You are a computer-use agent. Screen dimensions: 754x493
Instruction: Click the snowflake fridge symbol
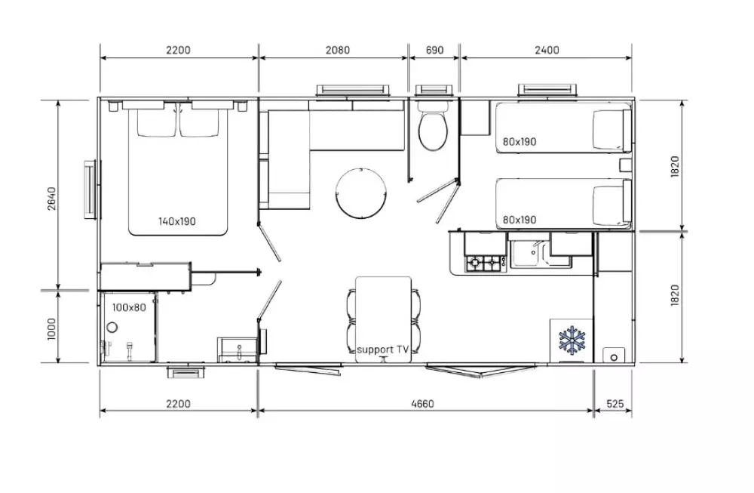(x=572, y=340)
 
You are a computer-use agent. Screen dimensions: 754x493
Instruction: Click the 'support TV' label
(x=382, y=350)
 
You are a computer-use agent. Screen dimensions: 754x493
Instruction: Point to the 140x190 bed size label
(x=177, y=221)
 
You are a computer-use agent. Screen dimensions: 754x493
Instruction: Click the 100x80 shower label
(x=129, y=307)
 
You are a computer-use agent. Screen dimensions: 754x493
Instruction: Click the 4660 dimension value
(x=423, y=403)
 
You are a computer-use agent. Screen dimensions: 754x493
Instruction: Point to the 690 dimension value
(x=435, y=50)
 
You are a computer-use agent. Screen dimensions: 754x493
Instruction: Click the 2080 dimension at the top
(x=338, y=50)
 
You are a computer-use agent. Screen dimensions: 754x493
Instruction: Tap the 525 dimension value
(x=615, y=403)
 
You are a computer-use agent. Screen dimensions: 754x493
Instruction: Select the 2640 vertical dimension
(x=51, y=199)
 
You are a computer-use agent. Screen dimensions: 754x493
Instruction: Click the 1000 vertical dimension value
(x=51, y=329)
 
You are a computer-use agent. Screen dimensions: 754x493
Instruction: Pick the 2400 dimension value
(x=547, y=50)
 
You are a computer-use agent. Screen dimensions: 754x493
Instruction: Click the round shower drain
(x=112, y=328)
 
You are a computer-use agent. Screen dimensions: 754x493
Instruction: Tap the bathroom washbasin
(x=238, y=349)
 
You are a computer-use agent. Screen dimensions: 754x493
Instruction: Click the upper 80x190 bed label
(x=520, y=141)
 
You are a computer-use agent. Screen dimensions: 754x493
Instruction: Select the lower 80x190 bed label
(x=520, y=220)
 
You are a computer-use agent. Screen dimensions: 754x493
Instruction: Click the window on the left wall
(x=92, y=189)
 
